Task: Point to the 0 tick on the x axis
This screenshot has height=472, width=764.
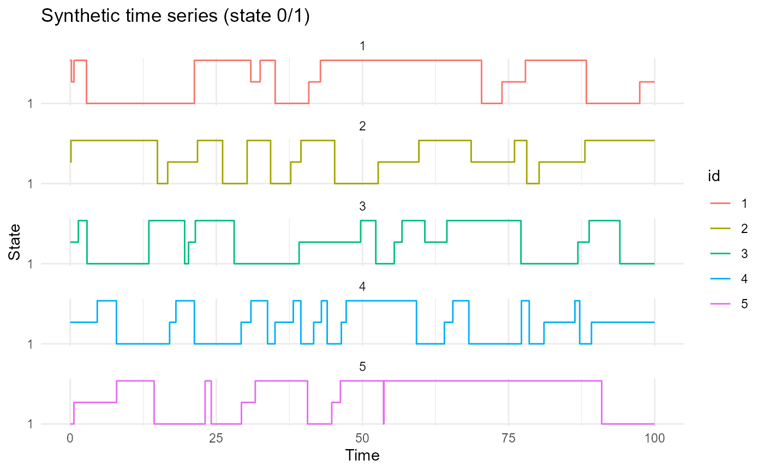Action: point(70,438)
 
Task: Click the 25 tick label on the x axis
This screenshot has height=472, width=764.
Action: point(216,438)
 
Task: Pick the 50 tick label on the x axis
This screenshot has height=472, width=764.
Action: point(362,438)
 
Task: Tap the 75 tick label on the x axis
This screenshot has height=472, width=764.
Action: point(508,438)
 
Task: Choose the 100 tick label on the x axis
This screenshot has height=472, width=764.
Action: point(654,438)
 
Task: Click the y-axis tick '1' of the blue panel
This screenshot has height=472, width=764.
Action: point(30,344)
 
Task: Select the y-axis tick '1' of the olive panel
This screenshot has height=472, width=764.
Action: point(30,184)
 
